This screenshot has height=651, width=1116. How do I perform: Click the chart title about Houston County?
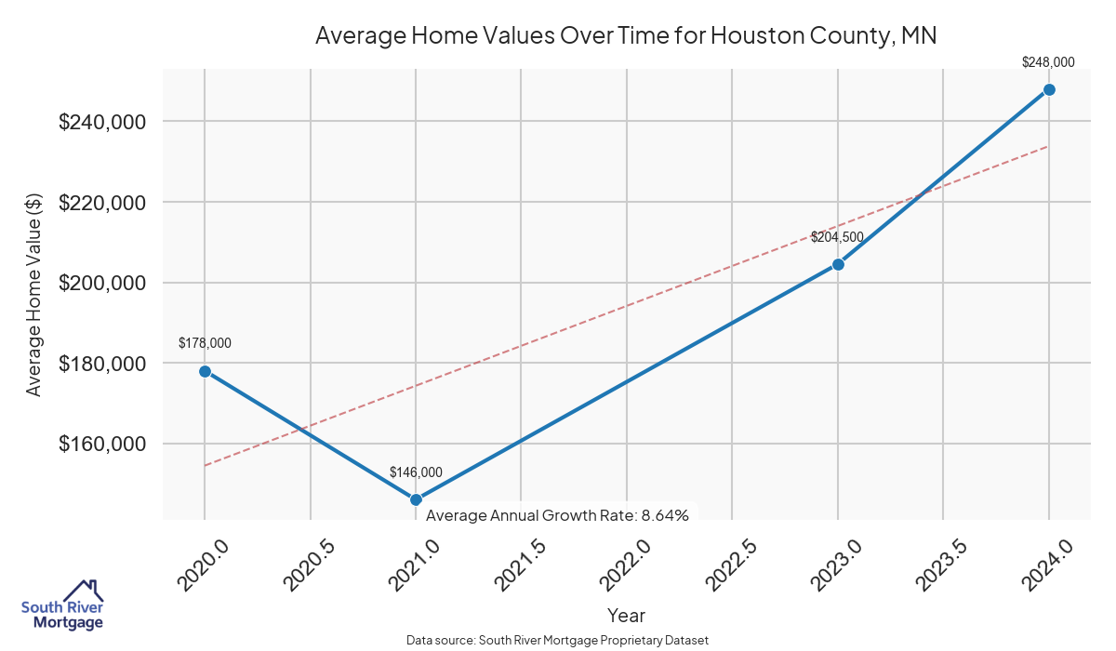(x=626, y=36)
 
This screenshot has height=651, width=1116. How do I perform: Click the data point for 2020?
(x=205, y=371)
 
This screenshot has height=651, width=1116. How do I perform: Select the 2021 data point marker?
(x=416, y=499)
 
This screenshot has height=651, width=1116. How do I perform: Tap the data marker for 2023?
(x=838, y=264)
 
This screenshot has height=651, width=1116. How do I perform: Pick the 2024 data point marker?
(x=1049, y=89)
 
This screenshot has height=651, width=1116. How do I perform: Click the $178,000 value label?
(x=205, y=343)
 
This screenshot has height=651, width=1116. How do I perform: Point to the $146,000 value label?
(x=416, y=472)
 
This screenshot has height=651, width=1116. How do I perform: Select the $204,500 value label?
(x=837, y=237)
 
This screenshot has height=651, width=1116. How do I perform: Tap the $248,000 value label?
(x=1048, y=62)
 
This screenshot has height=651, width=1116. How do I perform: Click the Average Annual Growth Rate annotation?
(x=557, y=515)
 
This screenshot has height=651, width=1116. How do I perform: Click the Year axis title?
(x=626, y=615)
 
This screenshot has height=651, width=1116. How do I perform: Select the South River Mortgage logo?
(x=62, y=605)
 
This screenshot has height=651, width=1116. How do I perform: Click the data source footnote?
(x=558, y=641)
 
